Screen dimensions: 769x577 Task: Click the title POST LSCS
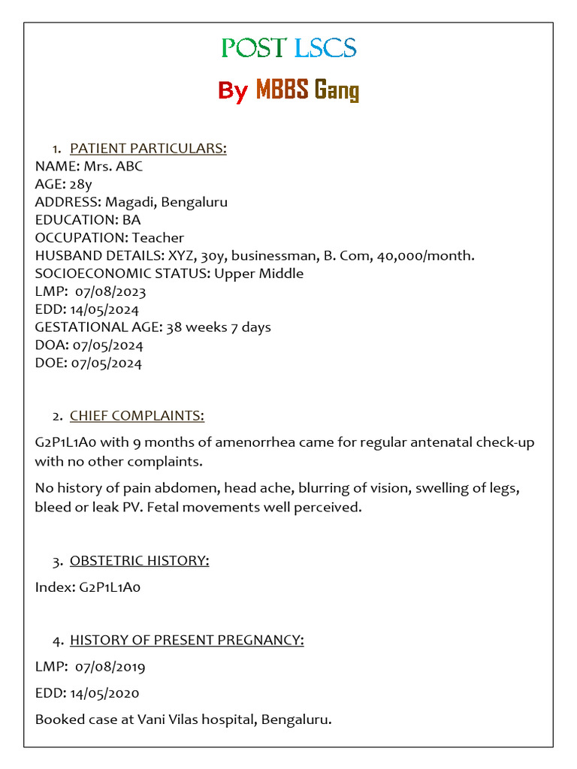pos(288,48)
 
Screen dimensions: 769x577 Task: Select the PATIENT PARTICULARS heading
pos(148,148)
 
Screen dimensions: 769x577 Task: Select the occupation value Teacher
pos(158,238)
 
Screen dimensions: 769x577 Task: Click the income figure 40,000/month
pos(427,256)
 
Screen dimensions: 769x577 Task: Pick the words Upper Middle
pos(258,273)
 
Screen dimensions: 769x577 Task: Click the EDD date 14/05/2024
pos(106,309)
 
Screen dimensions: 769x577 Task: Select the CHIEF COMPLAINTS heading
pos(137,416)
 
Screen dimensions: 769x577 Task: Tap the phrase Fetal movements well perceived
pos(254,508)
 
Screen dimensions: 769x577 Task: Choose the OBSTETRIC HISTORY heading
pos(139,561)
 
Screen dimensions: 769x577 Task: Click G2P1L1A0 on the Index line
pos(110,587)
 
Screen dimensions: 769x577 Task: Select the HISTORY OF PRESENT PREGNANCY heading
pos(186,640)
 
